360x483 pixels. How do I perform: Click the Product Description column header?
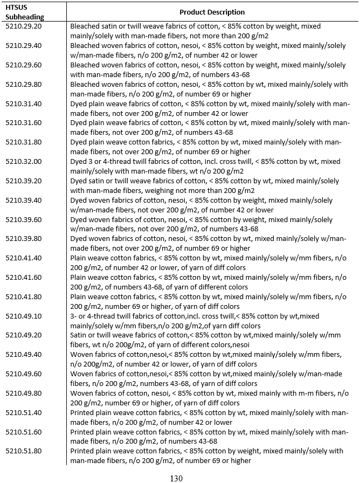[x=212, y=12]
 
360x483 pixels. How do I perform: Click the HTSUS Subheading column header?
[x=21, y=12]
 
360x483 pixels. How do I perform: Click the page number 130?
[x=176, y=478]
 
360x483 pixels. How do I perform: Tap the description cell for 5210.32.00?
[x=205, y=166]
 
